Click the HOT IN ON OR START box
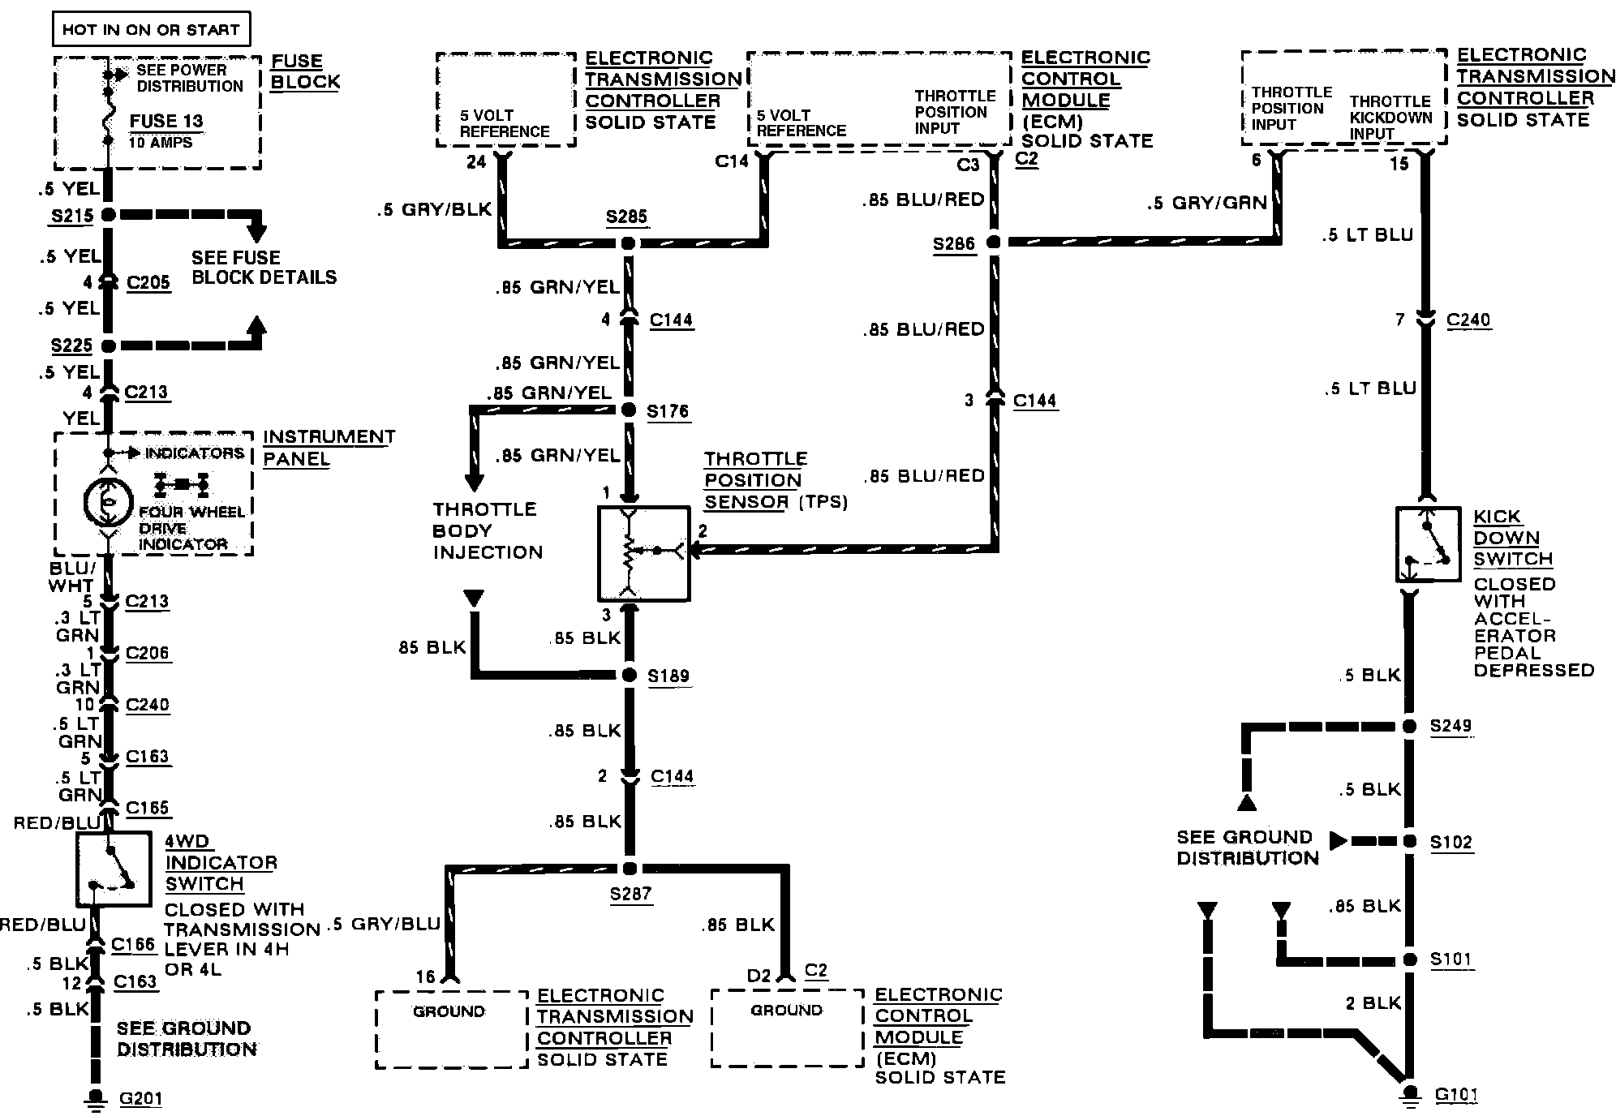(151, 30)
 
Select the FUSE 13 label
(166, 122)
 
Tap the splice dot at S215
(108, 215)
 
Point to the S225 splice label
(71, 346)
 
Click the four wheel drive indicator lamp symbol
(109, 503)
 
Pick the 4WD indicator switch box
(114, 869)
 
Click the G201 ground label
(141, 1099)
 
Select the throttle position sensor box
(643, 554)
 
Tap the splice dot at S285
(628, 243)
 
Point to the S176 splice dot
(628, 410)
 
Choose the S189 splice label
(668, 676)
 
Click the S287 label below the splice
(630, 894)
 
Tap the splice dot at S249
(1410, 727)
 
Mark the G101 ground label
(1456, 1096)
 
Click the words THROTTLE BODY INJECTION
(487, 531)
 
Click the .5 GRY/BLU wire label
(385, 924)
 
